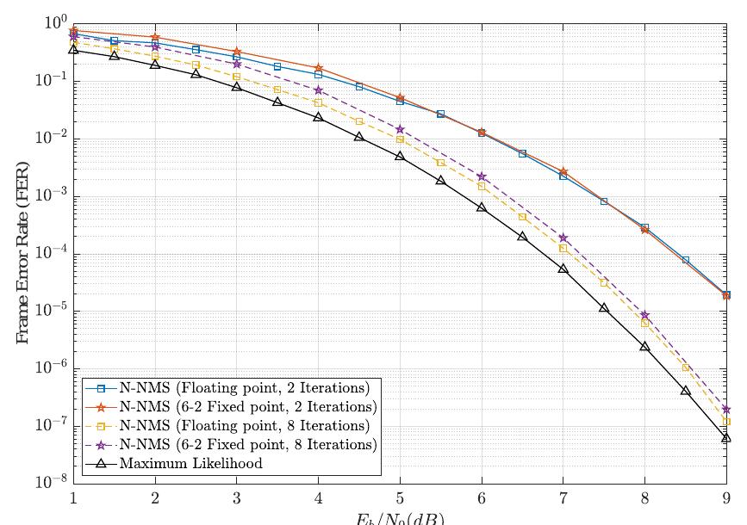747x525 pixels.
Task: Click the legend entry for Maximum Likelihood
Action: tap(191, 464)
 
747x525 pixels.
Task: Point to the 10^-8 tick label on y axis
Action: tap(51, 483)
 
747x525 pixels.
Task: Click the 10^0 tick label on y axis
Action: tap(53, 24)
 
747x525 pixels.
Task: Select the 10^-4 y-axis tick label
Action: tap(51, 254)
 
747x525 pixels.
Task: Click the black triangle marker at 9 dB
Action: tap(726, 437)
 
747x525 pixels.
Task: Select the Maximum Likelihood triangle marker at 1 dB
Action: tap(73, 49)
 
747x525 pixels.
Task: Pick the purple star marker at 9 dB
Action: tap(726, 409)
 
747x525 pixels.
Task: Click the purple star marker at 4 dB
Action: tap(318, 90)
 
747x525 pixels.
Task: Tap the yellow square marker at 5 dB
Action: tap(400, 139)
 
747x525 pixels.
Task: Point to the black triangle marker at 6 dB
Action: tap(482, 207)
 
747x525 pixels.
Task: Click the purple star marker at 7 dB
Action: tap(563, 238)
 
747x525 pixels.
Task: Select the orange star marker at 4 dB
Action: tap(318, 67)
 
